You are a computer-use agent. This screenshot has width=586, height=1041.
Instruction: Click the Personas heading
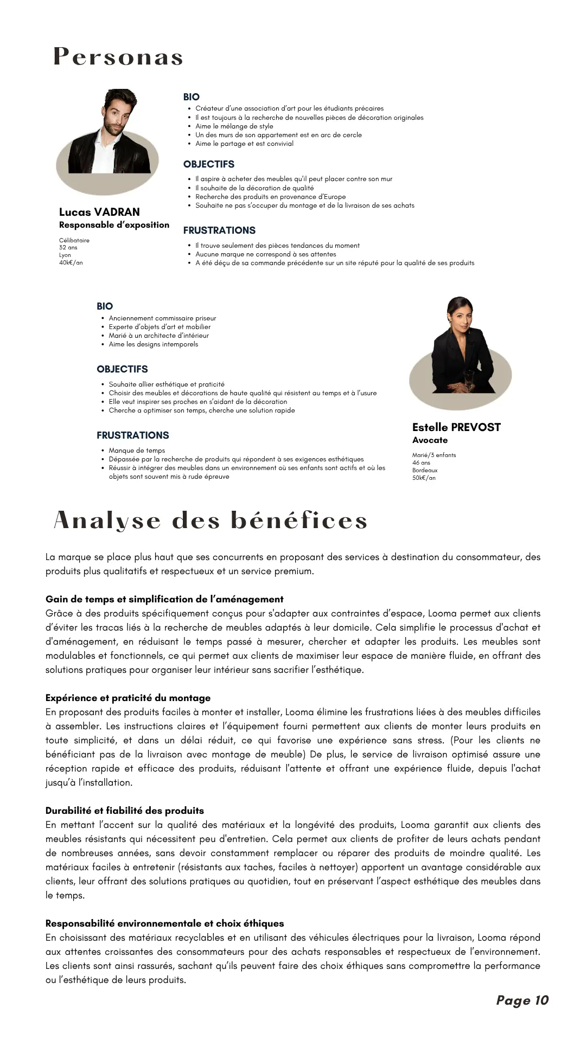click(x=118, y=57)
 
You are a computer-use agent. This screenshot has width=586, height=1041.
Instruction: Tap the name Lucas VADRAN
click(x=99, y=212)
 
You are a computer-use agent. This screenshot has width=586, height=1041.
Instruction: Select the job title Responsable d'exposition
click(x=114, y=225)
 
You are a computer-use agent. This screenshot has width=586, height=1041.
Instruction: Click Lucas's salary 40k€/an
click(x=71, y=263)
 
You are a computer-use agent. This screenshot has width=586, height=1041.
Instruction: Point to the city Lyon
click(x=65, y=255)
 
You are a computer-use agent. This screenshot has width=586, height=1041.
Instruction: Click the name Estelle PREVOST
click(x=456, y=427)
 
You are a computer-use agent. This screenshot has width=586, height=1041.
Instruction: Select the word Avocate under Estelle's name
click(x=430, y=440)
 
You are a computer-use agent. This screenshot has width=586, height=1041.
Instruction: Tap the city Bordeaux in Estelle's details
click(x=425, y=471)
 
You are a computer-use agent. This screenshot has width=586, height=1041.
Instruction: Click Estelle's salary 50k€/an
click(x=424, y=478)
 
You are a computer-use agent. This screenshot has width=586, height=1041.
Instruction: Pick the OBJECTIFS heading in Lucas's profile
click(x=209, y=164)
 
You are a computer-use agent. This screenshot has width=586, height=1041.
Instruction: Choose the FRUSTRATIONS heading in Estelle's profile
click(x=133, y=435)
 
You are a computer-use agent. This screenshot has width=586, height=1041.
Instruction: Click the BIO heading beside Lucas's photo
click(x=192, y=97)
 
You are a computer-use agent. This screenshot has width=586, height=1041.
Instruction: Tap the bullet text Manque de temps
click(x=137, y=451)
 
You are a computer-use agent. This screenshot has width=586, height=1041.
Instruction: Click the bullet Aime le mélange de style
click(x=234, y=126)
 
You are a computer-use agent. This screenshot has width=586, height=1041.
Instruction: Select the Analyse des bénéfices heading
click(x=211, y=520)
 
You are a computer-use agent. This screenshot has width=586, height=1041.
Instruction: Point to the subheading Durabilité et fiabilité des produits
click(x=125, y=811)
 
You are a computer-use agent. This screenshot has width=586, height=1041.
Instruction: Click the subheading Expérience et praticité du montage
click(x=128, y=698)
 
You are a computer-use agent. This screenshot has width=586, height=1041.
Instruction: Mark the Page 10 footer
click(x=523, y=1000)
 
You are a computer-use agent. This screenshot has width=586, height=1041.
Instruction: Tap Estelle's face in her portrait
click(x=460, y=316)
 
